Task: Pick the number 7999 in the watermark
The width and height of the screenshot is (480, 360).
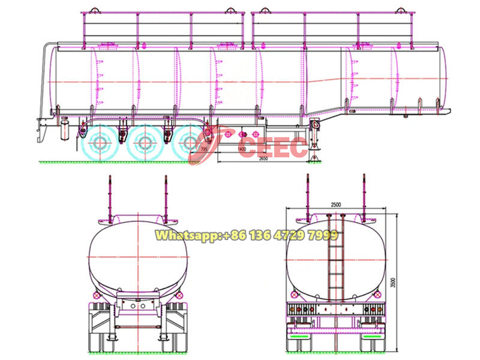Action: (x=338, y=236)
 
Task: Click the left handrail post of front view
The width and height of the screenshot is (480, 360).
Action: (x=110, y=198)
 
